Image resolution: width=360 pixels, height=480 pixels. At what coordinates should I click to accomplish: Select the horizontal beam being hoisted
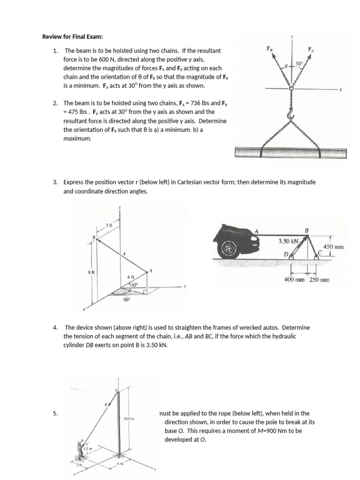[292, 152]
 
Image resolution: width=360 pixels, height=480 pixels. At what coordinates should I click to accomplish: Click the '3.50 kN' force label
[288, 241]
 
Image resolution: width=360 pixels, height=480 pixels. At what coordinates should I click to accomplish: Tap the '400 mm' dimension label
[295, 280]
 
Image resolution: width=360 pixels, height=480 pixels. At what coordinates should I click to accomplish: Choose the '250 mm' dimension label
[320, 280]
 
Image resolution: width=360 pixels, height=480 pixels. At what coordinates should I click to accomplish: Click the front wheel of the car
[229, 247]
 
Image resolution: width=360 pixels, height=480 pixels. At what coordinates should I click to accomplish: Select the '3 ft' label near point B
[109, 225]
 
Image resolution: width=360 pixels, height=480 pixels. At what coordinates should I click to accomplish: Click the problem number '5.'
[55, 413]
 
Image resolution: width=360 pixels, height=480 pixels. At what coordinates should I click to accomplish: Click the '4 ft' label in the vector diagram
[131, 277]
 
